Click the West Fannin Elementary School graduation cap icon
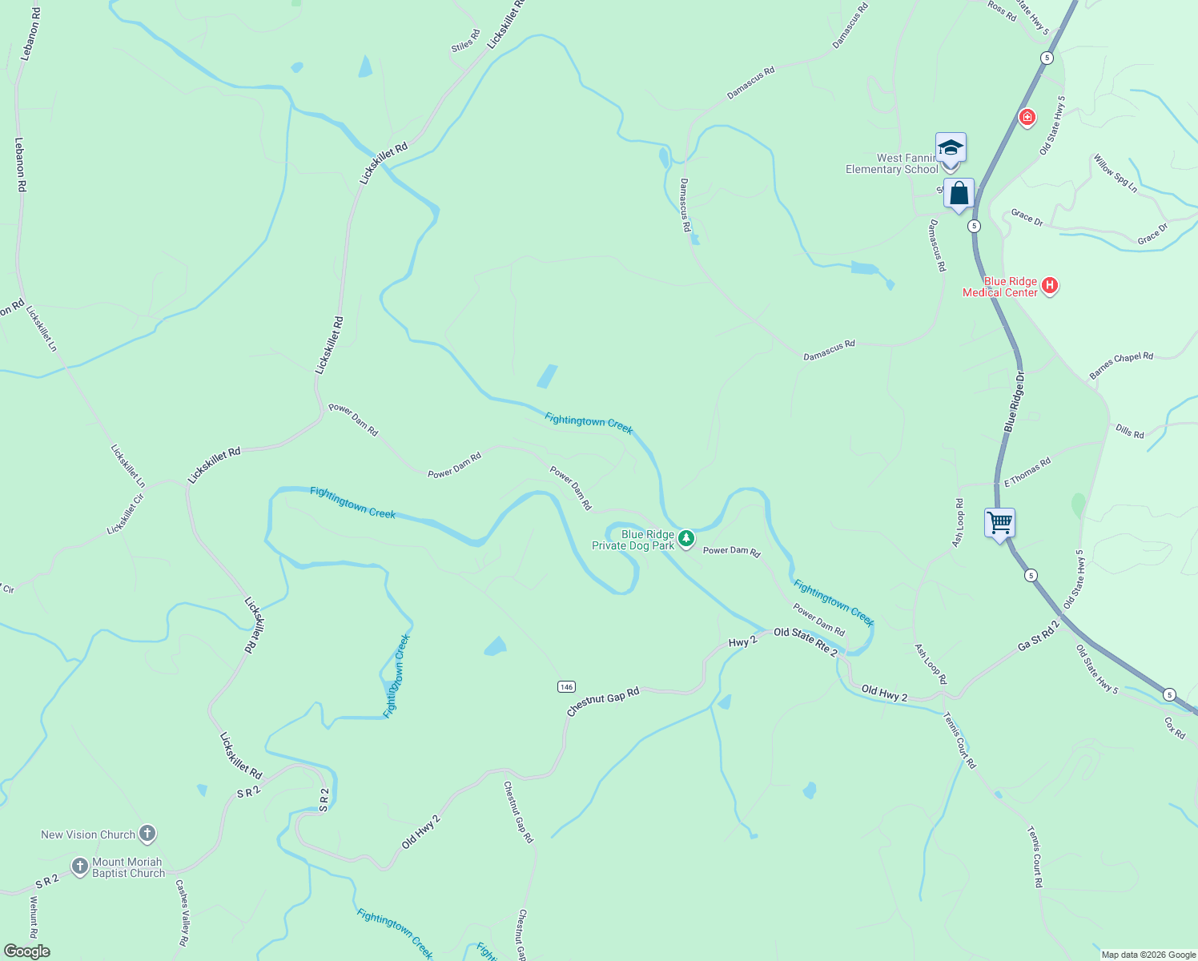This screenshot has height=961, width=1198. coord(951,149)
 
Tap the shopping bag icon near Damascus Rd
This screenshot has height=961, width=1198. coord(959,195)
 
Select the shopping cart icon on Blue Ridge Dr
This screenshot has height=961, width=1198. coord(999,524)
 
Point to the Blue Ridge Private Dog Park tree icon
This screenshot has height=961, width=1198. coord(686,538)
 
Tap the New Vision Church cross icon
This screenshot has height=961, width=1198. coord(147,834)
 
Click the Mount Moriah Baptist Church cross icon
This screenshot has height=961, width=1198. coord(79,866)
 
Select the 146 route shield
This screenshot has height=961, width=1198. coord(566,686)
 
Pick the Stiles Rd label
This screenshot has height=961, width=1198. coord(465,41)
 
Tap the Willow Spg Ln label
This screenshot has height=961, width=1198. coord(1116,173)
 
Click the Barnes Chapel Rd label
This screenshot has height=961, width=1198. coord(1121,365)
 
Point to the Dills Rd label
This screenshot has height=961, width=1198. coord(1130,432)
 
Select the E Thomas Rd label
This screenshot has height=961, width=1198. coord(1027,472)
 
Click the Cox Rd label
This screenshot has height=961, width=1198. coord(1175,727)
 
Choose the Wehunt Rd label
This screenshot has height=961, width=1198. coord(34,917)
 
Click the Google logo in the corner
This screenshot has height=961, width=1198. coord(26,951)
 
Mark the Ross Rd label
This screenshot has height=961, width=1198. coord(1002,10)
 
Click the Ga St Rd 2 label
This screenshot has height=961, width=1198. coord(1039,635)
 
